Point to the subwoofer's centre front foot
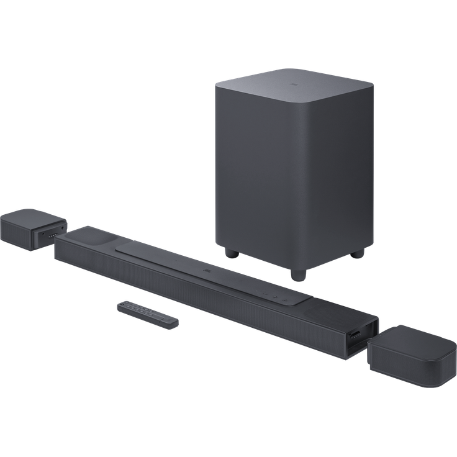tap(297, 273)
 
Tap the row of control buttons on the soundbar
tap(273, 295)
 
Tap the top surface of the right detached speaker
tap(410, 341)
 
